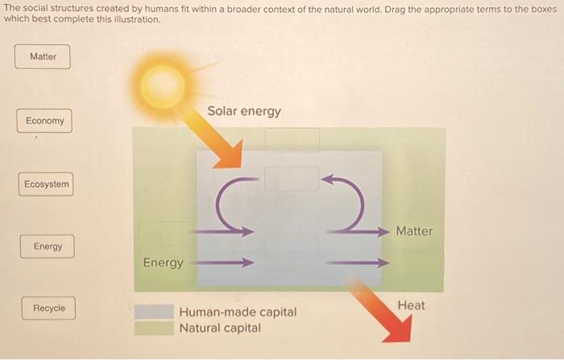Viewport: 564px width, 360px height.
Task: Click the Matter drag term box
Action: [43, 56]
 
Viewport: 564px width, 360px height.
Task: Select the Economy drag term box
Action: [44, 121]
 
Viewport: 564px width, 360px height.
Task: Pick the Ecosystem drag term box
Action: [46, 184]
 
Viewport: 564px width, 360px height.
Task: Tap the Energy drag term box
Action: [47, 246]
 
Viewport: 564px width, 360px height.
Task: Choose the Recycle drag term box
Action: [48, 308]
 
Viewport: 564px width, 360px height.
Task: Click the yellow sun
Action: [164, 81]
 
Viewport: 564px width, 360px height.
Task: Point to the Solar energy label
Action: [244, 111]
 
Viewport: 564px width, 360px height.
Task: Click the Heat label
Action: [411, 305]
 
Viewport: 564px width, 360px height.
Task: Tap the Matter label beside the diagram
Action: [414, 231]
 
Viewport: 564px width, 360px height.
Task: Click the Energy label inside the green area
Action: [163, 263]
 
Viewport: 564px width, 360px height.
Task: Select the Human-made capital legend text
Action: [238, 312]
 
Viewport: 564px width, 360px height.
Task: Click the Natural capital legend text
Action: [220, 328]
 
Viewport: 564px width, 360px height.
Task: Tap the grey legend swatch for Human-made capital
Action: [154, 312]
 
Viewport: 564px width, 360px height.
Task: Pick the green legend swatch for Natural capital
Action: [154, 328]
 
